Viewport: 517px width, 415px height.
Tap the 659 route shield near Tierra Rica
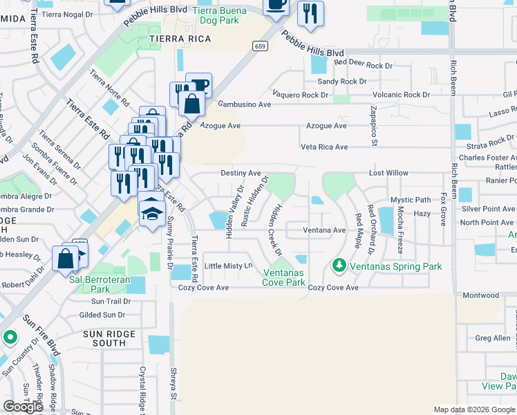click(260, 46)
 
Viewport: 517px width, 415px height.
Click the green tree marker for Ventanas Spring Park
click(339, 265)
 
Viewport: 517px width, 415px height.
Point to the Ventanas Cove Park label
click(284, 277)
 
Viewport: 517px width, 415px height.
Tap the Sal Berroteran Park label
click(99, 285)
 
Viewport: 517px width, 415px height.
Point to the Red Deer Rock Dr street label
click(364, 62)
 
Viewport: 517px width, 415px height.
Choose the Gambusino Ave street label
click(245, 104)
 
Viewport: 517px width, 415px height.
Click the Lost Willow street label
click(388, 173)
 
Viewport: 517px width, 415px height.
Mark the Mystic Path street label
click(411, 200)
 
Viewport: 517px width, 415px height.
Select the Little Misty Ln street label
click(229, 266)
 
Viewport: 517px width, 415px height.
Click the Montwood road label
click(482, 295)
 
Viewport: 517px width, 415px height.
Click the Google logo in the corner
click(23, 407)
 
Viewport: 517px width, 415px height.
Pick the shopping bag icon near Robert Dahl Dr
click(65, 258)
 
